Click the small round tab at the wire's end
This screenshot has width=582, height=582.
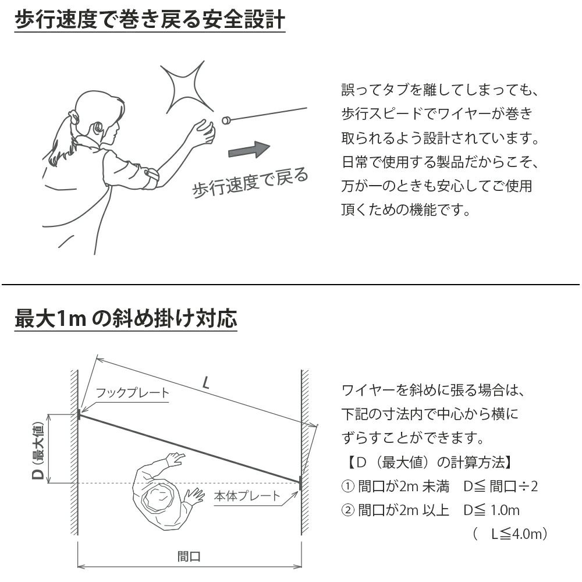226,121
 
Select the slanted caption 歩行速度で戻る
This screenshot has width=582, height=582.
250,183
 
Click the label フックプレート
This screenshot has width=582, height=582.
132,393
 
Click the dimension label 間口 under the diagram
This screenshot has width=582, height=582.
189,556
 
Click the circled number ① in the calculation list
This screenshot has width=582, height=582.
347,487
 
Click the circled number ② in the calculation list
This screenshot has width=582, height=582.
347,510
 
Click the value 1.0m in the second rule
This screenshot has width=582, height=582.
505,510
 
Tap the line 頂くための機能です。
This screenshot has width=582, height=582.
406,209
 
